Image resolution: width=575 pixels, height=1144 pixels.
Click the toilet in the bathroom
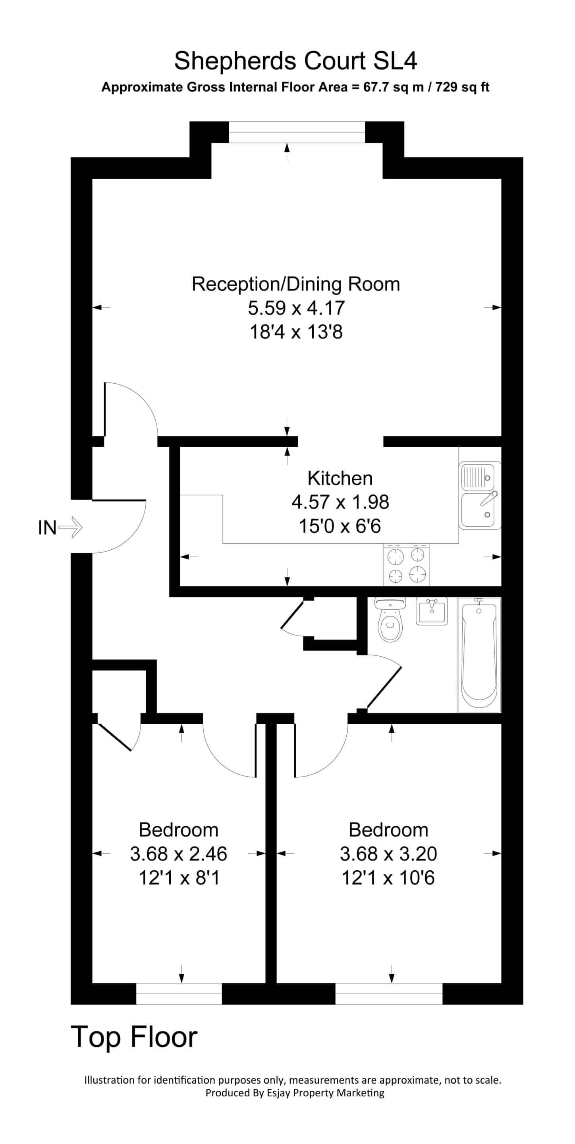pos(390,619)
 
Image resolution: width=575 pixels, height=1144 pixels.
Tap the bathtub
pos(479,655)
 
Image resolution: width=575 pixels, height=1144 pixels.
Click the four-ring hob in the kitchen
pos(407,564)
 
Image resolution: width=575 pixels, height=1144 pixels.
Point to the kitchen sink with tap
pos(480,496)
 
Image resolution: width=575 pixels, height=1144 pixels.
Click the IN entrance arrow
pos(71,528)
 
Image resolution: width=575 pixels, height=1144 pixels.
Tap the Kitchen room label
pos(340,478)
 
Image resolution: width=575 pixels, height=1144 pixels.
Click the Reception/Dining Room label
pos(296,284)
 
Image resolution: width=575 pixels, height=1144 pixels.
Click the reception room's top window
pos(297,132)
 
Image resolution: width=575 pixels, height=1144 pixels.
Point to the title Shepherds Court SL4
pos(296,60)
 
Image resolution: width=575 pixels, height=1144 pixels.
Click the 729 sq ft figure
pos(462,87)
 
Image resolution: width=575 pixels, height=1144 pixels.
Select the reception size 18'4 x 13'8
pos(296,332)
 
